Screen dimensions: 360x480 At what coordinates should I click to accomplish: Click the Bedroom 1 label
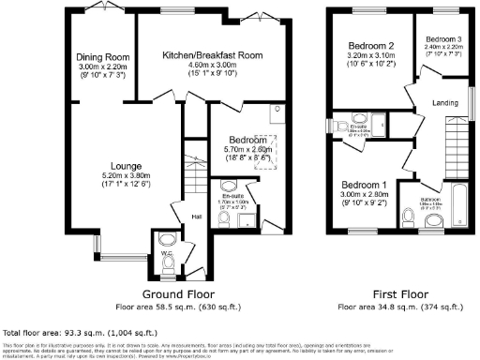click(363, 184)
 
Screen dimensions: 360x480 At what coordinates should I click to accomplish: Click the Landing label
click(444, 102)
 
